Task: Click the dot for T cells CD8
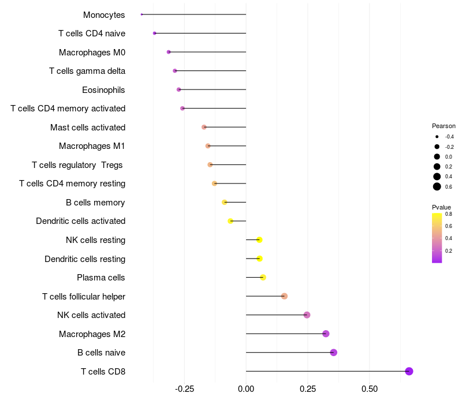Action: pyautogui.click(x=409, y=371)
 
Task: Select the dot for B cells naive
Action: pyautogui.click(x=333, y=353)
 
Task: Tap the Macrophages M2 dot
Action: pyautogui.click(x=326, y=334)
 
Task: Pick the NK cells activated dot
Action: pyautogui.click(x=307, y=315)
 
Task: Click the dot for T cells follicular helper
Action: pyautogui.click(x=284, y=296)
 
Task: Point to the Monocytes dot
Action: pyautogui.click(x=141, y=14)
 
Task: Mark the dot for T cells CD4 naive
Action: pyautogui.click(x=154, y=33)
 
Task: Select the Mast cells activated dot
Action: pyautogui.click(x=204, y=127)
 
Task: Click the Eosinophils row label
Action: pyautogui.click(x=103, y=90)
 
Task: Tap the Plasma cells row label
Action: pyautogui.click(x=100, y=278)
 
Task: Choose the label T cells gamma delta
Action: pyautogui.click(x=87, y=71)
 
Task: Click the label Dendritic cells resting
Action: pyautogui.click(x=85, y=259)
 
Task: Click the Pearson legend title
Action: pyautogui.click(x=444, y=126)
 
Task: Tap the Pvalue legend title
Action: pyautogui.click(x=441, y=207)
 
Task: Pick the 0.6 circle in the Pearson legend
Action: pyautogui.click(x=437, y=186)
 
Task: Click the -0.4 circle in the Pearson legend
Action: pyautogui.click(x=437, y=137)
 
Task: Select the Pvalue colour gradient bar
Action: pyautogui.click(x=437, y=238)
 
